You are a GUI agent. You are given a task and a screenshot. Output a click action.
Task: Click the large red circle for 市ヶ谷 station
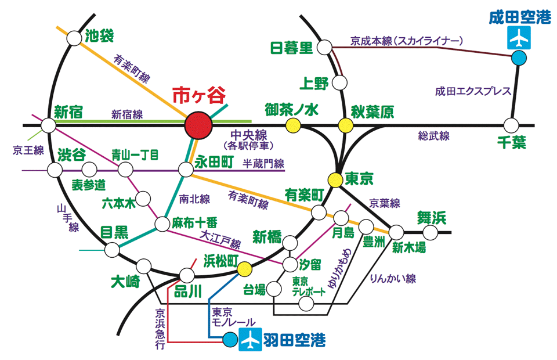198,125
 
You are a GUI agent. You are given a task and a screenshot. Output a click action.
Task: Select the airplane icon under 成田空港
519,38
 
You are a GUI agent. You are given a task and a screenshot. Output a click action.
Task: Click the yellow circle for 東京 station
335,180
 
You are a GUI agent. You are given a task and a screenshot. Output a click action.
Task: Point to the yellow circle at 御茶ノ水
293,125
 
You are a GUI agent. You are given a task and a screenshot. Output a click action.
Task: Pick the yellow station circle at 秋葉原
346,125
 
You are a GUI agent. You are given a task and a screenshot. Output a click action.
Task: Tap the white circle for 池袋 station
74,38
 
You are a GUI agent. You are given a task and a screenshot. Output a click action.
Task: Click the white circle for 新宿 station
48,125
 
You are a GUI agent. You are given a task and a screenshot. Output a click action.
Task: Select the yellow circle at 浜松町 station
244,268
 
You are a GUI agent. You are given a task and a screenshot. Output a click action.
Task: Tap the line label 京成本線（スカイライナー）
407,41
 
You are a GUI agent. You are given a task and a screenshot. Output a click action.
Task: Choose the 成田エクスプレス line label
473,91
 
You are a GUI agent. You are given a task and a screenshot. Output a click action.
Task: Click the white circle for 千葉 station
511,125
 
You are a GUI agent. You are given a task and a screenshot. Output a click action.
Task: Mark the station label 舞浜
432,218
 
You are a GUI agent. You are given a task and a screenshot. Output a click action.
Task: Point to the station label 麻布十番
194,222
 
